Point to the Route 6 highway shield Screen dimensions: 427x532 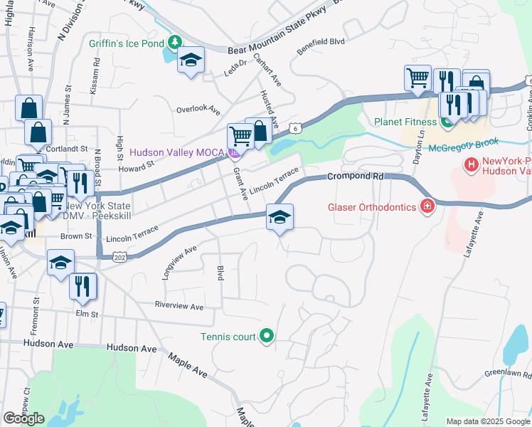point(294,128)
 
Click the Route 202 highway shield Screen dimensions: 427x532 point(119,258)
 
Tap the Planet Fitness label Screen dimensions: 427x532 point(403,122)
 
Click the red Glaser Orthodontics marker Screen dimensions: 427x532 point(427,207)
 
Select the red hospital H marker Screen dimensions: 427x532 point(471,166)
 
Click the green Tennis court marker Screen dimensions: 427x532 point(267,335)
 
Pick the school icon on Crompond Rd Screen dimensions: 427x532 point(280,218)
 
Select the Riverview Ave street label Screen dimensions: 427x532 point(180,307)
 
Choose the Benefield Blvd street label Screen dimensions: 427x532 point(321,42)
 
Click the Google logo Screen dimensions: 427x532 point(23,418)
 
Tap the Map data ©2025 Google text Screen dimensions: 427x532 point(487,421)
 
